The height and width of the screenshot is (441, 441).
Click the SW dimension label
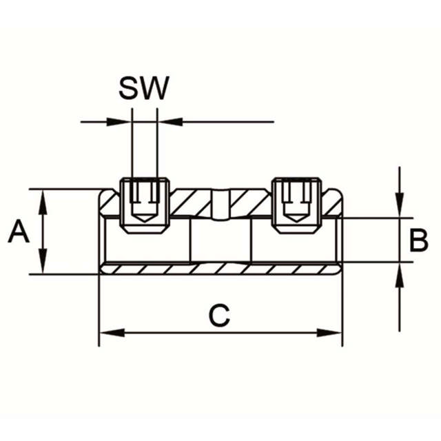coord(143,88)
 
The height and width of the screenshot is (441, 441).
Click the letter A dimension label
coord(19,232)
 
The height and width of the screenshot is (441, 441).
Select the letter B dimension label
coord(418,241)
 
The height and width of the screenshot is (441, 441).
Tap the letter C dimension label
coord(219,316)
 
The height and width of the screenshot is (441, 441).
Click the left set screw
coord(145,203)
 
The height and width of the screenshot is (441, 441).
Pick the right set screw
coord(296,203)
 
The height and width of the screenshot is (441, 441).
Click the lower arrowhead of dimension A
coord(43,265)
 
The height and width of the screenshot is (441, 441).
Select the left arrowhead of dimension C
coord(110,333)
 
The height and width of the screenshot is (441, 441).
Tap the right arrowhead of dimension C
coord(331,333)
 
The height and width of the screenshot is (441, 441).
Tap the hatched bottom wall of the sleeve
coord(220,268)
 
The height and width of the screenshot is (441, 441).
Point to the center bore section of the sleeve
coord(220,241)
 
